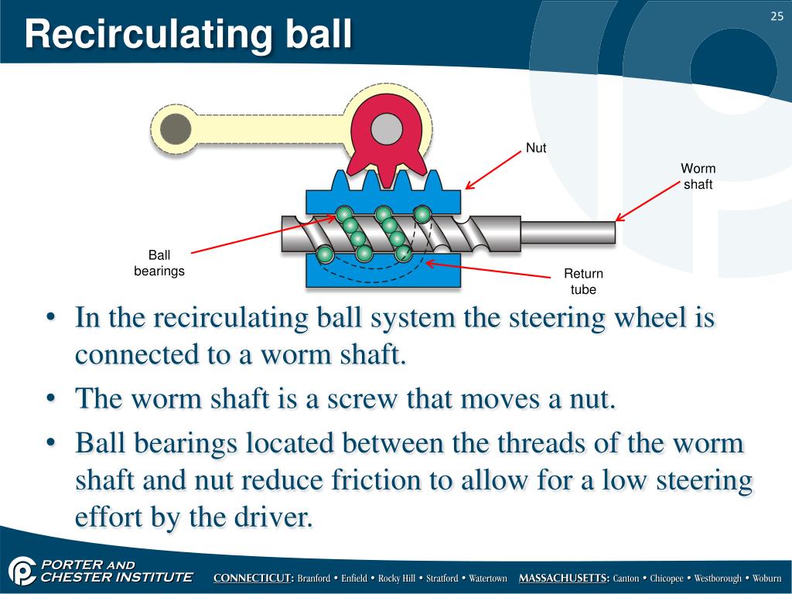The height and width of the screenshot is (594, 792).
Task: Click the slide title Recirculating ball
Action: (x=187, y=36)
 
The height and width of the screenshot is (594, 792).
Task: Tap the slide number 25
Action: (x=777, y=17)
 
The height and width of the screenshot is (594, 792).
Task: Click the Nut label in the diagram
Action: (x=536, y=147)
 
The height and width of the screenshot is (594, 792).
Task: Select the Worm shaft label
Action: (x=698, y=176)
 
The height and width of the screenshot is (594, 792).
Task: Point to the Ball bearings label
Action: (x=159, y=263)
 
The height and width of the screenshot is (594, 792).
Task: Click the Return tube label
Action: (x=583, y=282)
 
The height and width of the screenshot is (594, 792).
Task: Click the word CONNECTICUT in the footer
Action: (x=253, y=579)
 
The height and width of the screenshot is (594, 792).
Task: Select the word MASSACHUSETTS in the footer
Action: (x=564, y=579)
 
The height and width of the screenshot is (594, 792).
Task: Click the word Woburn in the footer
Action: (x=766, y=579)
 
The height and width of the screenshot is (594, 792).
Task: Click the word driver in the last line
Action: (x=271, y=517)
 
